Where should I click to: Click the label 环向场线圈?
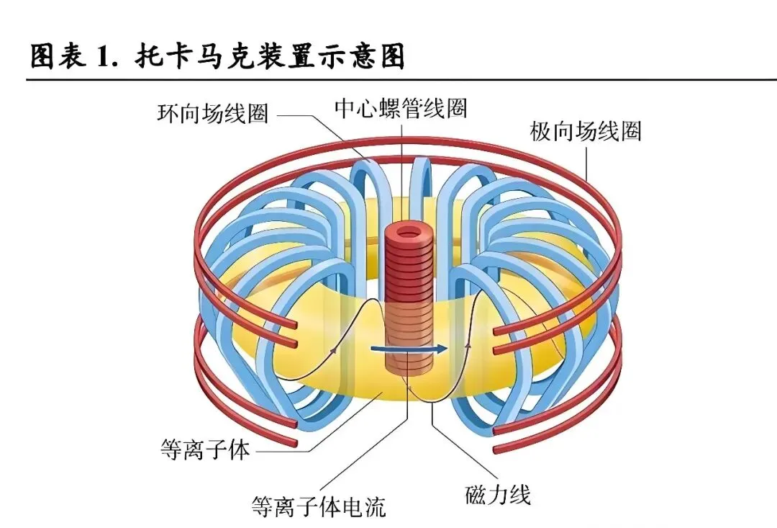tap(212, 113)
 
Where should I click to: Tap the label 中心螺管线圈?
tap(401, 108)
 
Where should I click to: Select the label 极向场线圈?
tap(586, 132)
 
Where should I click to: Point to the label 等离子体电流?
tap(318, 506)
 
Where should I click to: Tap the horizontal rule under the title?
tap(388, 79)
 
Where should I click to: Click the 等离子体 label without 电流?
tap(204, 450)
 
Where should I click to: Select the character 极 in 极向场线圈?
tap(541, 132)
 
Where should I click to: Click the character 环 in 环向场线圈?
tap(168, 113)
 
